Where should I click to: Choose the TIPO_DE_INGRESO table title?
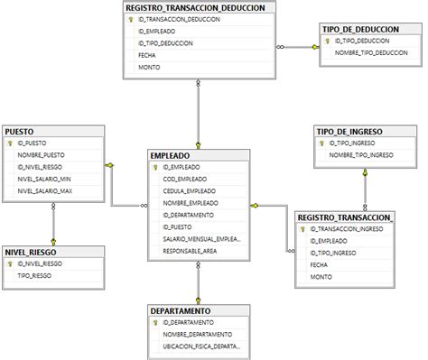[350, 131]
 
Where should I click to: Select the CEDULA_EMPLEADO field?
[190, 191]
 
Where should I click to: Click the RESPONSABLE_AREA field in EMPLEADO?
[190, 251]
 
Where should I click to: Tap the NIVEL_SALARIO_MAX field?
[44, 190]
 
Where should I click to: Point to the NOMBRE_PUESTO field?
[42, 155]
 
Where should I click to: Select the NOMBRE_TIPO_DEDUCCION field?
[371, 53]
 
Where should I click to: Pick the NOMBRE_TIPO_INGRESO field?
[361, 155]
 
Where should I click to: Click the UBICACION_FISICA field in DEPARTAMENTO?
[203, 346]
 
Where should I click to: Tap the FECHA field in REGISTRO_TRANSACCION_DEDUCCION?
[147, 54]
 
